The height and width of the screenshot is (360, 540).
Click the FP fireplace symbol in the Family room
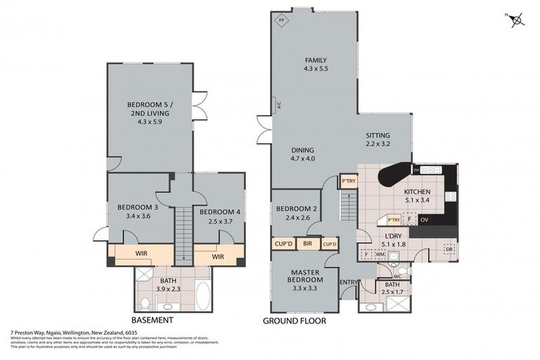click(x=281, y=20)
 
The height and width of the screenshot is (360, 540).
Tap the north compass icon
click(x=518, y=20)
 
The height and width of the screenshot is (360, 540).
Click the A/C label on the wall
click(x=278, y=105)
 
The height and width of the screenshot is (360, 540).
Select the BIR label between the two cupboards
click(x=307, y=244)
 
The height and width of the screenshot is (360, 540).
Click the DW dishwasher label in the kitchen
click(x=417, y=170)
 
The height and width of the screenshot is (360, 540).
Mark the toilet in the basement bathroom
click(x=145, y=303)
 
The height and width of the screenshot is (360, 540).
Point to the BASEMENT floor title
click(x=153, y=320)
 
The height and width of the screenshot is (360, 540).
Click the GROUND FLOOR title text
click(x=294, y=321)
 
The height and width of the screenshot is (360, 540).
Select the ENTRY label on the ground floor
click(x=348, y=283)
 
